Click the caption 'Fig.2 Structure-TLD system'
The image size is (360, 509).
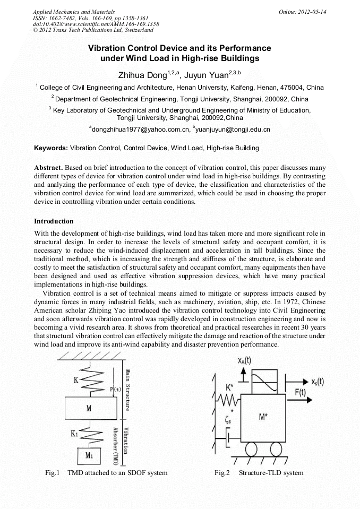pos(259,472)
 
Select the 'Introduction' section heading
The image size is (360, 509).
pos(54,221)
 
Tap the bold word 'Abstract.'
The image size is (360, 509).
pos(49,167)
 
